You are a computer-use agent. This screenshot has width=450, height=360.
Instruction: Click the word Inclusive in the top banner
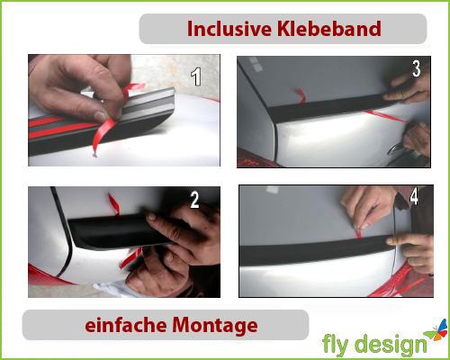tap(229, 29)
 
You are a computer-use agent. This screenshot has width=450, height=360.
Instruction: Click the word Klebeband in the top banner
tap(329, 29)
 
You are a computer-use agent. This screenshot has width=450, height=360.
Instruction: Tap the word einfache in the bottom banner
tap(126, 325)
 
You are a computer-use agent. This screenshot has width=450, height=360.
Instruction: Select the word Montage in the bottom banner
tap(215, 327)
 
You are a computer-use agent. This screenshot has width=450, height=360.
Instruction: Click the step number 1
tap(196, 76)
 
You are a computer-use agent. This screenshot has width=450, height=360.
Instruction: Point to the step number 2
tap(194, 200)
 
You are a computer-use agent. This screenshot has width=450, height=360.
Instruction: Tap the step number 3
tap(417, 68)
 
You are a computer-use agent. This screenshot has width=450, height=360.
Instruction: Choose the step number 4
tap(414, 196)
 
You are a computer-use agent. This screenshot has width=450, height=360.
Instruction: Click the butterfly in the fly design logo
tap(436, 330)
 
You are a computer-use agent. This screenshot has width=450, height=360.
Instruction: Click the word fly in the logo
tap(336, 345)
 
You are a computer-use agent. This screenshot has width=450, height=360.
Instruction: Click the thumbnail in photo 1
tap(100, 116)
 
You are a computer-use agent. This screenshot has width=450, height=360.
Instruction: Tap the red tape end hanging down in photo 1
tap(101, 138)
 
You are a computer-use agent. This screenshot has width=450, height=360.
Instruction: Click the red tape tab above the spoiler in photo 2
tap(114, 204)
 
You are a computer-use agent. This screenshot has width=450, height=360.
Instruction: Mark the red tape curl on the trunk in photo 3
tap(301, 95)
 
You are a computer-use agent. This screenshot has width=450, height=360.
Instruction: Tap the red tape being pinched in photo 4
tap(358, 233)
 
